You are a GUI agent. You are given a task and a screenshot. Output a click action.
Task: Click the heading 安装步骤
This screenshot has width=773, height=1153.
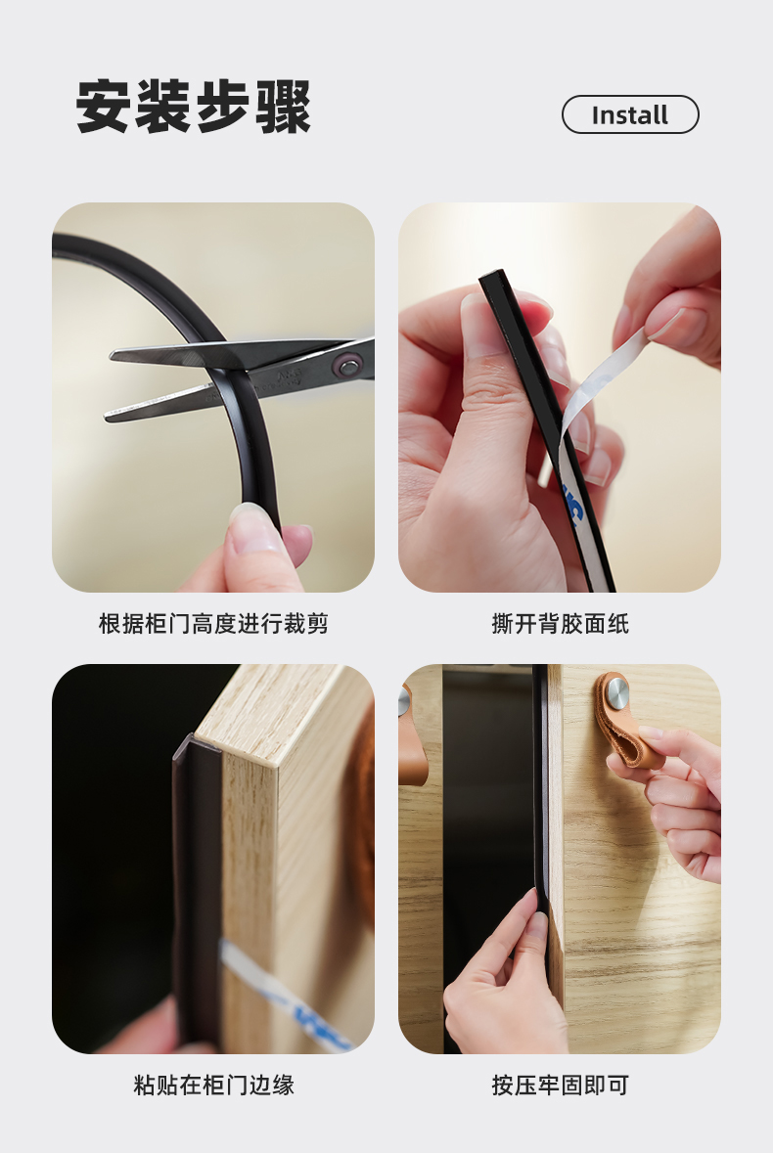point(194,107)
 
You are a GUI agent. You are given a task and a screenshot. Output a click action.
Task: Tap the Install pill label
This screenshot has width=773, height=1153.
point(630,114)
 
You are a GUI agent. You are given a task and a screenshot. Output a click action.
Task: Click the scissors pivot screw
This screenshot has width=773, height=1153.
point(347,364)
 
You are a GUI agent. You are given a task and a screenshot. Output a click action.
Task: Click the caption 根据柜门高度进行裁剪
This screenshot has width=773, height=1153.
point(213,624)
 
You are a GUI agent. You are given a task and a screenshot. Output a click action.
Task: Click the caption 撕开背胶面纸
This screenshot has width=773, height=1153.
point(560,624)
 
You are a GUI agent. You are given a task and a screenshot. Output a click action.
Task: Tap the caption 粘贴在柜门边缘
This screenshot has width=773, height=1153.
point(213,1085)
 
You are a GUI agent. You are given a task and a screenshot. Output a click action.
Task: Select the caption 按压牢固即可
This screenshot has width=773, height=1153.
point(560,1085)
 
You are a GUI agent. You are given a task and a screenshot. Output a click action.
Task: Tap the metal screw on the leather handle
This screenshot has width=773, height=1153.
point(616,693)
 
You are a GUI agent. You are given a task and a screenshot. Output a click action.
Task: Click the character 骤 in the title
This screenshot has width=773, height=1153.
point(284,108)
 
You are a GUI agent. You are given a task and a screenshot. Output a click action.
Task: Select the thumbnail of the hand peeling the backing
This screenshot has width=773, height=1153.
point(560,397)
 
